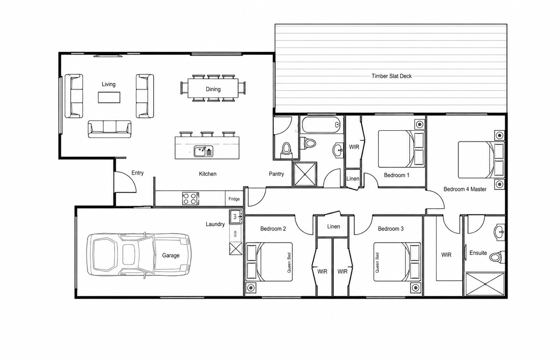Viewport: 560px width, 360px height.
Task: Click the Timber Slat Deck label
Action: click(391, 76)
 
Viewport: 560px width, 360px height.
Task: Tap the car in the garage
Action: click(139, 255)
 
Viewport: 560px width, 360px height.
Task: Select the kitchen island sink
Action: click(203, 151)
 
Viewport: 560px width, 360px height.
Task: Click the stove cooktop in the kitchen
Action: click(190, 198)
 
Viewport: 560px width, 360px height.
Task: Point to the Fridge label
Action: click(234, 199)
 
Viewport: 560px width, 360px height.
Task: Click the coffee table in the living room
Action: click(109, 97)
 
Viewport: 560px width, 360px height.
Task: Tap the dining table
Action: click(213, 88)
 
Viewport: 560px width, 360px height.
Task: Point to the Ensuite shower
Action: click(485, 284)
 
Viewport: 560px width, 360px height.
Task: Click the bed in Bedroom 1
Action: click(401, 149)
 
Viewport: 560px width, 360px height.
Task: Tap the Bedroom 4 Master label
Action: click(465, 189)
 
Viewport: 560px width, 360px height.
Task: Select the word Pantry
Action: click(276, 174)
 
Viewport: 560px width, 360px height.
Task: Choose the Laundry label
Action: click(215, 224)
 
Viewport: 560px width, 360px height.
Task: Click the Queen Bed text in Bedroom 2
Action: click(289, 263)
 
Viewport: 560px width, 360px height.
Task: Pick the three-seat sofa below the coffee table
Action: click(110, 129)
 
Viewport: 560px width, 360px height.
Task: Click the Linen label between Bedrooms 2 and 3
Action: click(333, 227)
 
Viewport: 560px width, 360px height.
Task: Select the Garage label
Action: click(171, 255)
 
